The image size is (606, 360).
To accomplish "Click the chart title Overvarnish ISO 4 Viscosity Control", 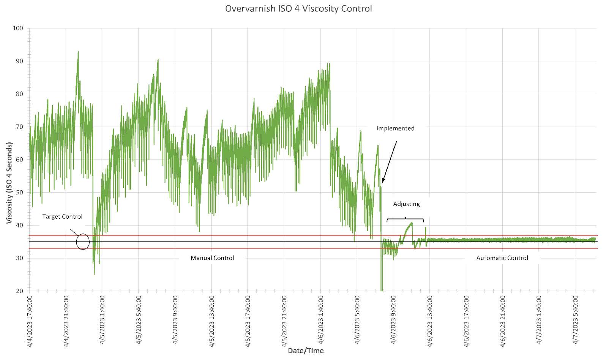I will [x=298, y=8].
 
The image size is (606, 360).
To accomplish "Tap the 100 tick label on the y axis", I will [x=18, y=28].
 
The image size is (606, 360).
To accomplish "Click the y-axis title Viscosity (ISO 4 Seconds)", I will [x=9, y=183].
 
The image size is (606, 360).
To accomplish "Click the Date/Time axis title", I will [x=306, y=351].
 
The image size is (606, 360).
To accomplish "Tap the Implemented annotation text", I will [x=395, y=128].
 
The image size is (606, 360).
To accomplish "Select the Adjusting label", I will [x=406, y=204].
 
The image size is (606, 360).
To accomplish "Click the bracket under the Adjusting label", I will [x=405, y=219].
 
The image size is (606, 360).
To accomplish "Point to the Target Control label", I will [x=62, y=216].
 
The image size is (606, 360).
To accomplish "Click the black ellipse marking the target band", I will [x=83, y=242].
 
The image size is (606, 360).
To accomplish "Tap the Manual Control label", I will [x=212, y=258].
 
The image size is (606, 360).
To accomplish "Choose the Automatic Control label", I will [x=502, y=258].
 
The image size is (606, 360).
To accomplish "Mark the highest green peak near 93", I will [x=78, y=52].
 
